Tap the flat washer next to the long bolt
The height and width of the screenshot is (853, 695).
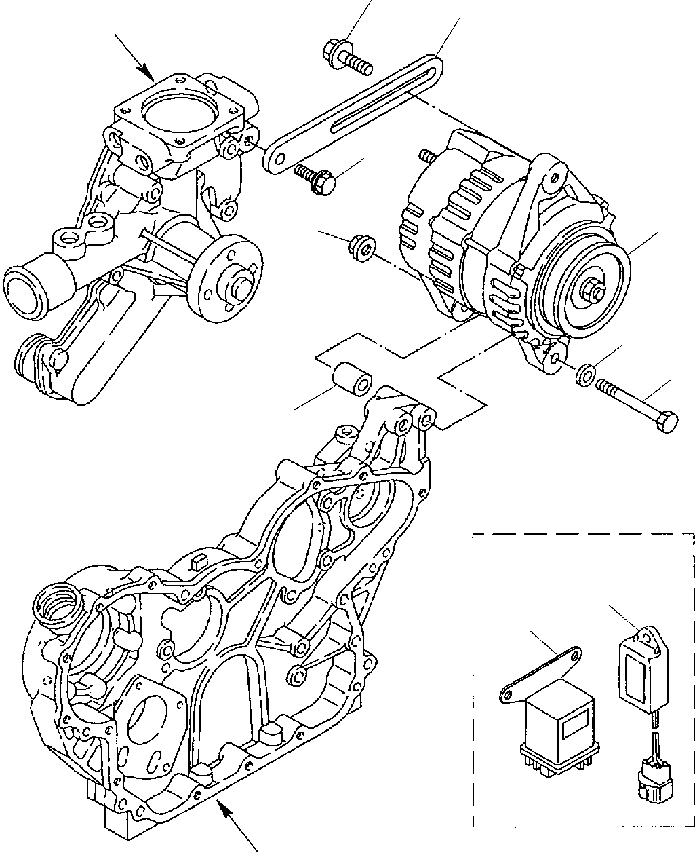[x=585, y=375]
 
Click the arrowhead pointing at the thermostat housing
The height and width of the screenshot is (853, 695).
[x=146, y=71]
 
